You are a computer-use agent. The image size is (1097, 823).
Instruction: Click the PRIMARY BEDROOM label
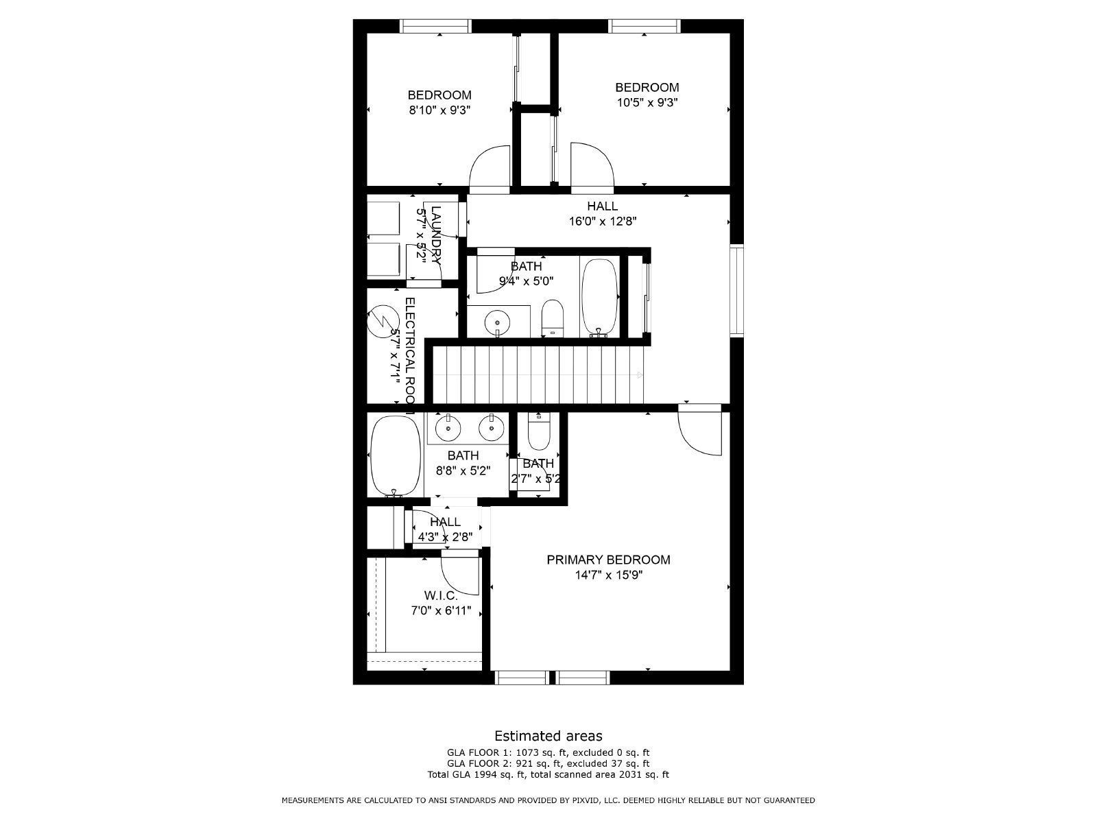(x=608, y=560)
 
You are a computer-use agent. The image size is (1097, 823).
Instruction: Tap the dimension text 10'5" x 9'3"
(x=647, y=103)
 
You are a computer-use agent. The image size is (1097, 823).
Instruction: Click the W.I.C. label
(x=440, y=596)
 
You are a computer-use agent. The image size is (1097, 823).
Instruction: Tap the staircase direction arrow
(x=640, y=375)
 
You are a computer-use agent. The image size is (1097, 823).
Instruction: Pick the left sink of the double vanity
(x=448, y=428)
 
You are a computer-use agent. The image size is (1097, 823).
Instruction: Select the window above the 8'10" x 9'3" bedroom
(x=435, y=26)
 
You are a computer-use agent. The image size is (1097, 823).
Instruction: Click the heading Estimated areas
(x=548, y=736)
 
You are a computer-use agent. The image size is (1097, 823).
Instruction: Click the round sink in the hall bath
(x=497, y=321)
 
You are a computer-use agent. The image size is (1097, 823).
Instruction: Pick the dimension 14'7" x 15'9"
(x=608, y=575)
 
